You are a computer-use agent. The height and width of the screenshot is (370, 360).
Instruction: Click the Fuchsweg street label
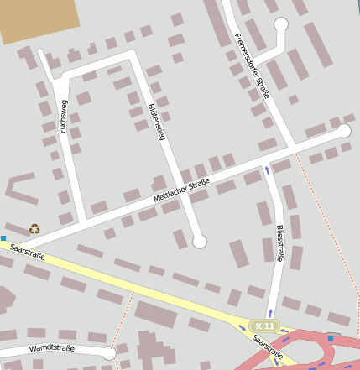pyautogui.click(x=62, y=117)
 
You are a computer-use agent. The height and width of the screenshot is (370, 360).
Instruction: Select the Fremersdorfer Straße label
pyautogui.click(x=252, y=65)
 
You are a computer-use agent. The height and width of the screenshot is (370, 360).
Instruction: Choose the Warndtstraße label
pyautogui.click(x=52, y=347)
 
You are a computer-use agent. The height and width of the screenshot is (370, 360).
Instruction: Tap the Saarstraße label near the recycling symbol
pyautogui.click(x=28, y=250)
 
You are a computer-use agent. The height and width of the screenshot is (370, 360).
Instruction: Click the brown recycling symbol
pyautogui.click(x=34, y=228)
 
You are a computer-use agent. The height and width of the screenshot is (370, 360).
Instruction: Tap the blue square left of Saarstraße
pyautogui.click(x=3, y=238)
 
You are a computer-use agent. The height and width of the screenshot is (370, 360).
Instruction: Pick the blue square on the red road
pyautogui.click(x=331, y=339)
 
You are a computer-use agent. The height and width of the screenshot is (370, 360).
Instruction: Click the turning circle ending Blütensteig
pyautogui.click(x=199, y=242)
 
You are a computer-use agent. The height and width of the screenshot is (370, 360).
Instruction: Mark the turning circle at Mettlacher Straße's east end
pyautogui.click(x=343, y=131)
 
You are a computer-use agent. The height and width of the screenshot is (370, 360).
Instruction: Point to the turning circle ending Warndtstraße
pyautogui.click(x=108, y=353)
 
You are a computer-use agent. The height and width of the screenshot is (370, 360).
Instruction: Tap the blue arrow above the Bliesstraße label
pyautogui.click(x=268, y=170)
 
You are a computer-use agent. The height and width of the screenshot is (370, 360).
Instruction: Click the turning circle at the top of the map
pyautogui.click(x=281, y=25)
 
